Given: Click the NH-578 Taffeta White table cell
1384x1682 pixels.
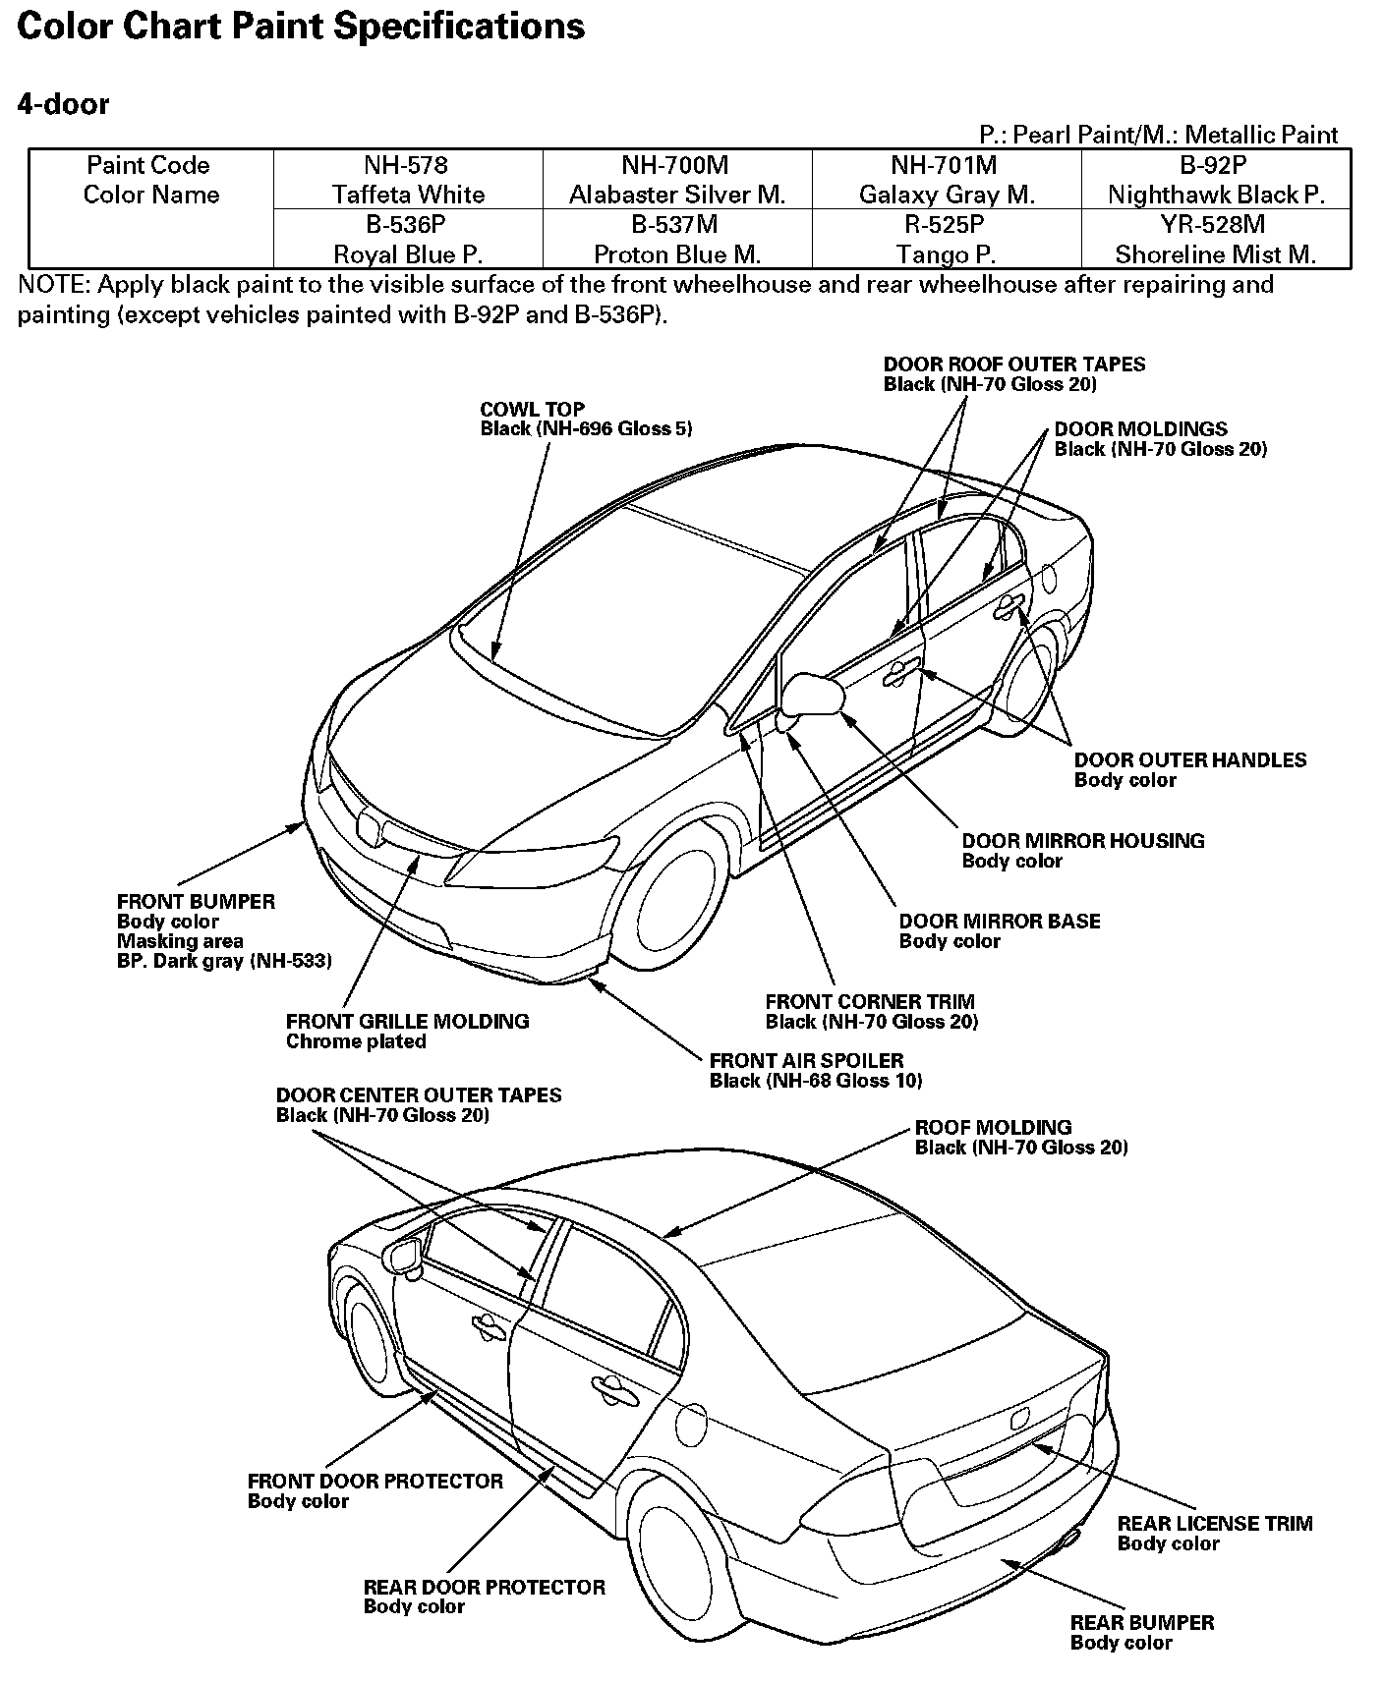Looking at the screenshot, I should pyautogui.click(x=408, y=179).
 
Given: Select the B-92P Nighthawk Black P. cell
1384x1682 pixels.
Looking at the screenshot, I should pyautogui.click(x=1216, y=179).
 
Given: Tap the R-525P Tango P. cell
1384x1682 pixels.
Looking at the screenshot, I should pyautogui.click(x=946, y=239).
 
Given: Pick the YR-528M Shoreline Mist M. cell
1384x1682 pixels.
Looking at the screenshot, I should pyautogui.click(x=1216, y=239).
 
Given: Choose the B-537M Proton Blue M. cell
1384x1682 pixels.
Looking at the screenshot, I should pyautogui.click(x=677, y=239).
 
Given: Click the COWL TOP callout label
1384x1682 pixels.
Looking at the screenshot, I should pyautogui.click(x=532, y=409).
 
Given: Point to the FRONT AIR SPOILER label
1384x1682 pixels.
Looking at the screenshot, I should pyautogui.click(x=806, y=1060).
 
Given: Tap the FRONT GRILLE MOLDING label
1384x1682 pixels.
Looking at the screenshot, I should pyautogui.click(x=407, y=1021).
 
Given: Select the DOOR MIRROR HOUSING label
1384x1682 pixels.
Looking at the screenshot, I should pyautogui.click(x=1082, y=840).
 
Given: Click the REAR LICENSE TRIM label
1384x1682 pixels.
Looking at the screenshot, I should pyautogui.click(x=1214, y=1523).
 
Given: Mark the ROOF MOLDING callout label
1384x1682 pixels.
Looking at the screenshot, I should pyautogui.click(x=993, y=1127).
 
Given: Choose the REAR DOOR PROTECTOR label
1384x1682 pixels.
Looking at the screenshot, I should pyautogui.click(x=484, y=1587).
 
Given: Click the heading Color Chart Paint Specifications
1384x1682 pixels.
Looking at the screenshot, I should pyautogui.click(x=301, y=26).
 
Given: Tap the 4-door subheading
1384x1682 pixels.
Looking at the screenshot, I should pyautogui.click(x=63, y=104).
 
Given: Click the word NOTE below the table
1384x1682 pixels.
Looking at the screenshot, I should pyautogui.click(x=52, y=285).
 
